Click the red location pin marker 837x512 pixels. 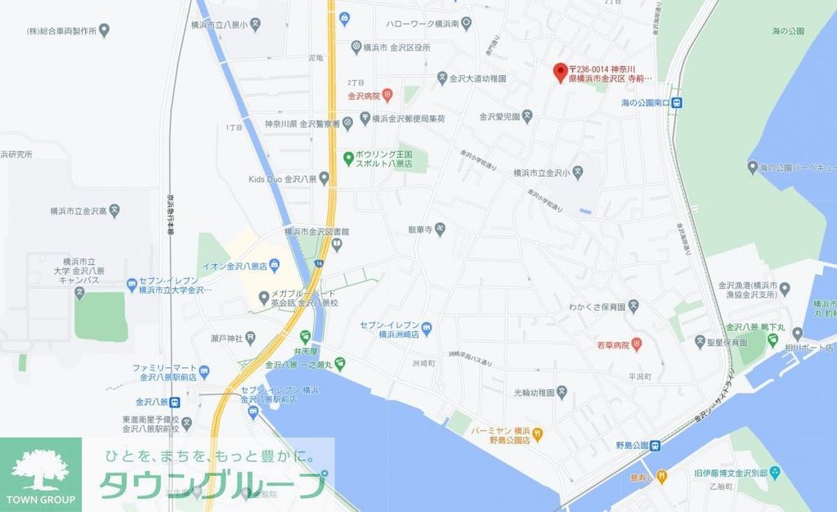[560, 72]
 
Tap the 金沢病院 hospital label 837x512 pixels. [364, 96]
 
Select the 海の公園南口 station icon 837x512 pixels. [678, 103]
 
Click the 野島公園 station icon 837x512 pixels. [656, 446]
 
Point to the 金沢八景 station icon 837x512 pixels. [175, 402]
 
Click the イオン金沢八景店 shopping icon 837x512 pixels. [274, 263]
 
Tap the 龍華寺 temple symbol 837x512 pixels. [440, 230]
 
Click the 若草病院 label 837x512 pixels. [614, 345]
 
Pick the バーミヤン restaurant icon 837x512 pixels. [538, 433]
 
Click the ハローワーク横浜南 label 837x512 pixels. [423, 25]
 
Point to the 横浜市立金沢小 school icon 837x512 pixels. [577, 173]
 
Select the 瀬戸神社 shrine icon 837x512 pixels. [250, 337]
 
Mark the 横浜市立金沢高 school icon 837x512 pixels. [115, 210]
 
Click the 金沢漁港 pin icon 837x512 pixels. [785, 289]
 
